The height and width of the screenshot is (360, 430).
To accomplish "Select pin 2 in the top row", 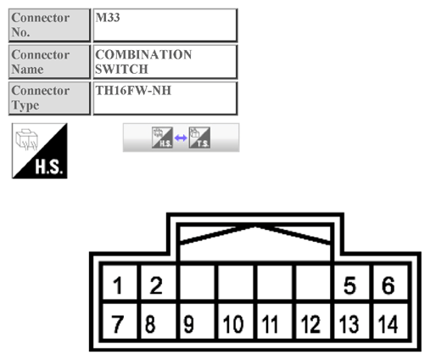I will click(156, 285).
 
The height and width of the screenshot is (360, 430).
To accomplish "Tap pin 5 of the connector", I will click(349, 285).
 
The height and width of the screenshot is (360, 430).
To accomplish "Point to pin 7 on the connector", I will click(120, 323).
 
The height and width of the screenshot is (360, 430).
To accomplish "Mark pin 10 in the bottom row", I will click(233, 323).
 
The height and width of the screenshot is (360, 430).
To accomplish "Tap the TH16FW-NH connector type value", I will click(133, 90).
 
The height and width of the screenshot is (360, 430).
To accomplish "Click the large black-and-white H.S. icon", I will click(40, 150).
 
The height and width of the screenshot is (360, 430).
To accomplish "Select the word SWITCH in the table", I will click(122, 69).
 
